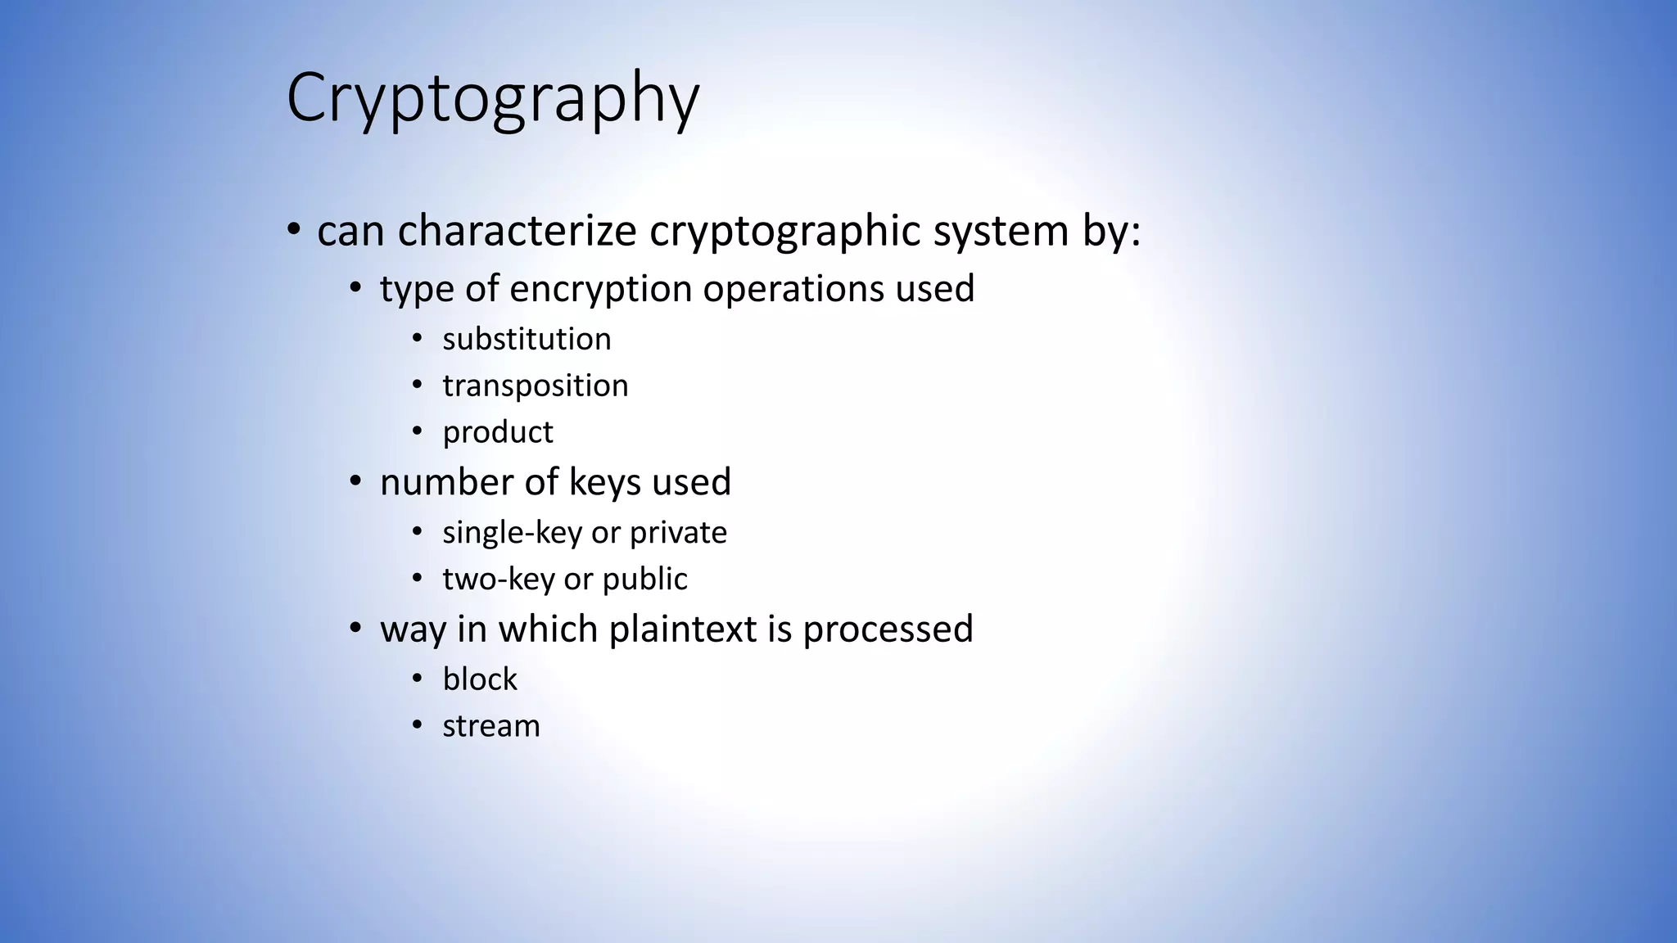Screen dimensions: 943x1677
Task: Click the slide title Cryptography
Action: (x=492, y=99)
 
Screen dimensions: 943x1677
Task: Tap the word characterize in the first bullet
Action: (x=517, y=231)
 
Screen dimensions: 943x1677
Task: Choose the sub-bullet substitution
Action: (x=527, y=339)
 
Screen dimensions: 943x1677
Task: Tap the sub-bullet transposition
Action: (x=536, y=386)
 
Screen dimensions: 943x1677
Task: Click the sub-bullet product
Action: (x=498, y=432)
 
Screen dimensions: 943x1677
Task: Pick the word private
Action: (x=678, y=533)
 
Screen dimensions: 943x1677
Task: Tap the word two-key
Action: (x=497, y=580)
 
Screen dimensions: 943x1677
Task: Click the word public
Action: (x=644, y=580)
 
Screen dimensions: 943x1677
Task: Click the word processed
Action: (x=888, y=629)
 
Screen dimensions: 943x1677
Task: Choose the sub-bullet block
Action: (x=480, y=679)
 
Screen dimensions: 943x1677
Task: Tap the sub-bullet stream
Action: (x=491, y=726)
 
